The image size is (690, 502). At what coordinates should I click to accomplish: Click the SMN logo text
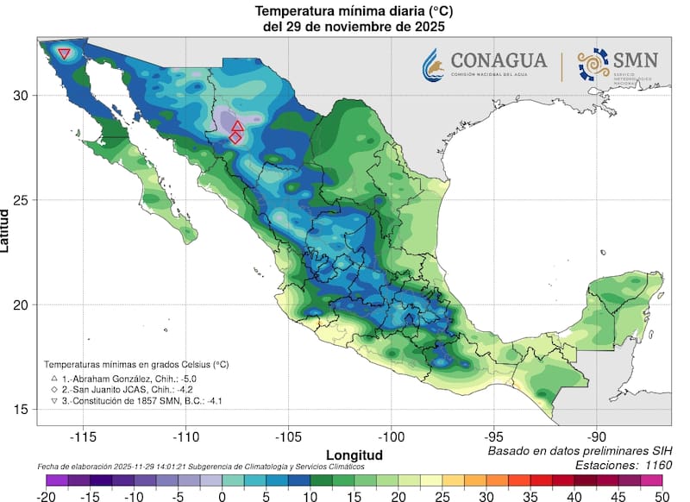[x=636, y=60]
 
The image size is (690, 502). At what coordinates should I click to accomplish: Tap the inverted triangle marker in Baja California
[x=64, y=53]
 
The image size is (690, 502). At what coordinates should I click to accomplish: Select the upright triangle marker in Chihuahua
[x=237, y=126]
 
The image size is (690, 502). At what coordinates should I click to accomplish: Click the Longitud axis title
[x=354, y=454]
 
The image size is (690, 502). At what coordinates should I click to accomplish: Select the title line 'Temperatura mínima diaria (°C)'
[x=354, y=11]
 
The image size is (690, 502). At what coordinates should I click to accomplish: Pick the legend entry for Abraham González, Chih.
[x=122, y=378]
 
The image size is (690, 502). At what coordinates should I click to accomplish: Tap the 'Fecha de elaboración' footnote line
[x=200, y=467]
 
